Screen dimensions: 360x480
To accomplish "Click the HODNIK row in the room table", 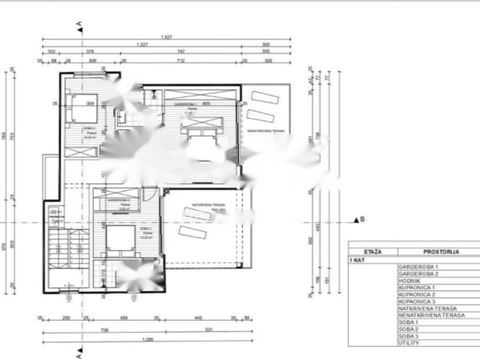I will (x=408, y=280).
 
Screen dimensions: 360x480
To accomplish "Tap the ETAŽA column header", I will (x=373, y=252).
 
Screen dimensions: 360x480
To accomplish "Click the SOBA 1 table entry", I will (x=408, y=322).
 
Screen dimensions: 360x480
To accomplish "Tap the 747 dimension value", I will (x=180, y=51).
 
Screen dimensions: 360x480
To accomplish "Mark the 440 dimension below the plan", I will (x=198, y=318).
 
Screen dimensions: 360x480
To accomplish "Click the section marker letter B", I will (x=362, y=219).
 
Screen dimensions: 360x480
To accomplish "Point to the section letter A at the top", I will (x=80, y=23).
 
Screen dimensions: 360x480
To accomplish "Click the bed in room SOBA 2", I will (x=120, y=239).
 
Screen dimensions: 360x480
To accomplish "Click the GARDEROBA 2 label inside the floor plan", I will (x=119, y=200).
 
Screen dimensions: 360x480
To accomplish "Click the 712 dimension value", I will (x=180, y=61).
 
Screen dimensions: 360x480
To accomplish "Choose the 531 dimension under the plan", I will (x=208, y=330).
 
